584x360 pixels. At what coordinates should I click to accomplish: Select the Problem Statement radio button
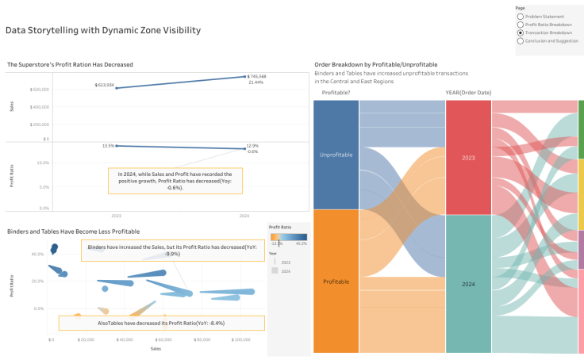(x=520, y=16)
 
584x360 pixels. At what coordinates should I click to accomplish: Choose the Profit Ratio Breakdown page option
(x=520, y=24)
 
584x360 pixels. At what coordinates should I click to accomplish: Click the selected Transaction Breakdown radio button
(x=520, y=33)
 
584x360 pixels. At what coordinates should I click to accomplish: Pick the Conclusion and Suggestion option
(x=520, y=40)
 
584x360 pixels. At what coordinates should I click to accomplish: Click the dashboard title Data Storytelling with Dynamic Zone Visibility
(x=102, y=31)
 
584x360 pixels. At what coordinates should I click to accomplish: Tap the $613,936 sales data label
(x=104, y=84)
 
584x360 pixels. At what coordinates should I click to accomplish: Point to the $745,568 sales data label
(x=256, y=76)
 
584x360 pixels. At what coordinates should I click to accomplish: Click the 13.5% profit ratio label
(x=109, y=146)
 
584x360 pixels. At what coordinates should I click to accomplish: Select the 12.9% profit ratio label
(x=252, y=146)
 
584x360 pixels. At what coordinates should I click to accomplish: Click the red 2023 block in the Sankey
(x=468, y=158)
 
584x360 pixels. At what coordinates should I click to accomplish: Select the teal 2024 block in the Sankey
(x=468, y=283)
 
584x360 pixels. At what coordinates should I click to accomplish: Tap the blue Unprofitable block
(x=336, y=155)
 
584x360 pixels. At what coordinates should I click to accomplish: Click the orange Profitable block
(x=336, y=281)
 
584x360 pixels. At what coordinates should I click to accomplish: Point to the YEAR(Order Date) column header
(x=468, y=93)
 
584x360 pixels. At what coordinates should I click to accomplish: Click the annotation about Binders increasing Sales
(x=172, y=251)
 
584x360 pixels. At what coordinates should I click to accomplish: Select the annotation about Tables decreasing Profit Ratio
(x=161, y=324)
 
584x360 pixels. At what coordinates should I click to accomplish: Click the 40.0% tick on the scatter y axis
(x=36, y=255)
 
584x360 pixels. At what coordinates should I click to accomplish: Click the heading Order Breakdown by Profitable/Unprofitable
(x=375, y=63)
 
